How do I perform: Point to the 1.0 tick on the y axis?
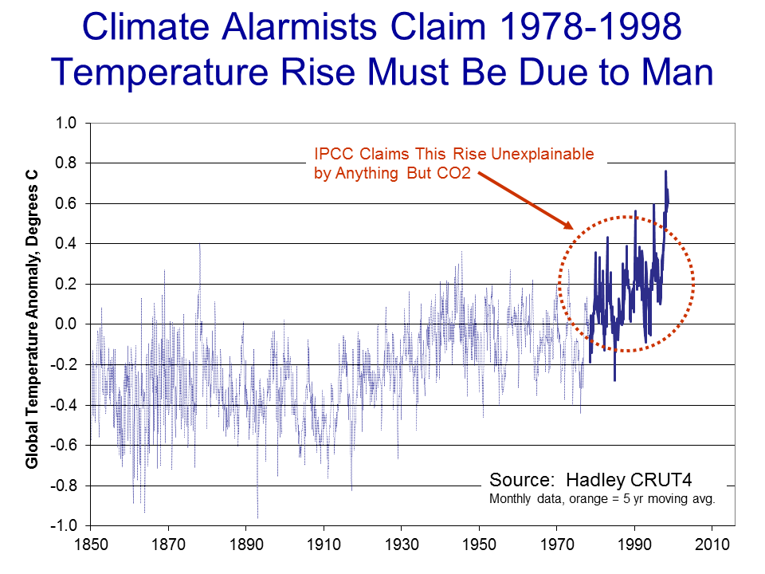[x=66, y=124]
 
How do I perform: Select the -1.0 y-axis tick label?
[x=64, y=526]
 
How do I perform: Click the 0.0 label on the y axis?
[x=66, y=324]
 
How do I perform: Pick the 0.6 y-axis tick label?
[x=66, y=204]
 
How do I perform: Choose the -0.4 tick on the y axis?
[x=64, y=405]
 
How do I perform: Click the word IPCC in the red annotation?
[x=333, y=153]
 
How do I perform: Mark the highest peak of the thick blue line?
[x=665, y=171]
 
